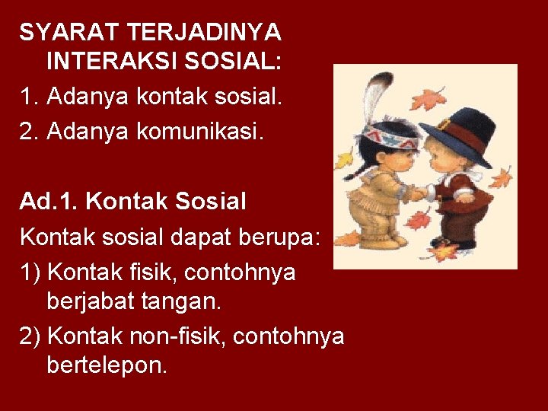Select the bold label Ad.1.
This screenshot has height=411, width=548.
click(49, 201)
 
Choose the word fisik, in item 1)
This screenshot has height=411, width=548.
click(163, 271)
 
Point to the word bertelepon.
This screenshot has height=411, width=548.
click(107, 365)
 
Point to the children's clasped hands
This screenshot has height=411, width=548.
click(418, 193)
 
